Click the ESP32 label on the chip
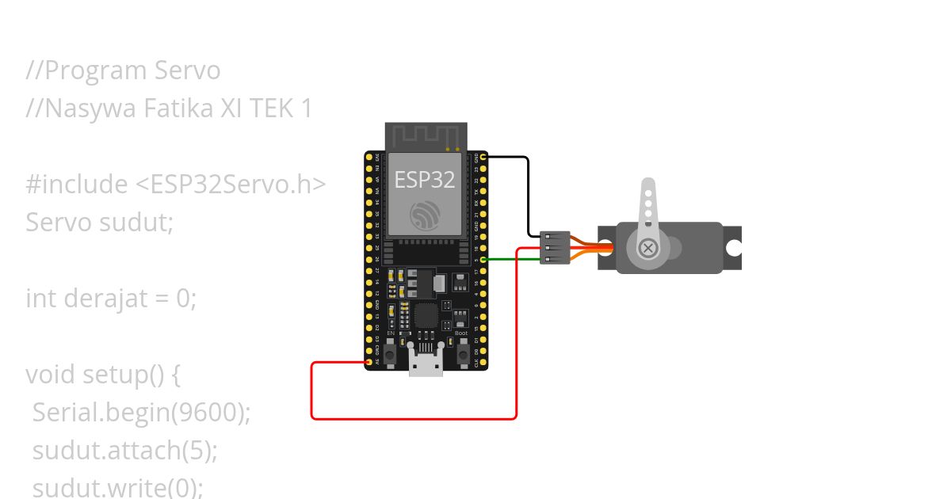[x=425, y=180]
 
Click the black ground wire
[x=528, y=194]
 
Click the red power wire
[x=412, y=417]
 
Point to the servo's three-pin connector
[x=554, y=248]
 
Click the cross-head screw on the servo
[x=649, y=249]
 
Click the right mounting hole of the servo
[x=733, y=248]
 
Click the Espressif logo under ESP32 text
[x=425, y=214]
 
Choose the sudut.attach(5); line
[x=124, y=451]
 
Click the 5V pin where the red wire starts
[x=369, y=363]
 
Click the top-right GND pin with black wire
[x=483, y=158]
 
